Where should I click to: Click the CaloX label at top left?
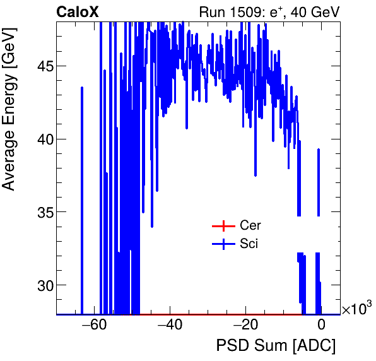[x=77, y=12]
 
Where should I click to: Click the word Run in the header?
[x=211, y=12]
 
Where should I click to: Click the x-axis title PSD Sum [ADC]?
[x=276, y=346]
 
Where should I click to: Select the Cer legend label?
[x=250, y=225]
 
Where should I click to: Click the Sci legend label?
[x=249, y=244]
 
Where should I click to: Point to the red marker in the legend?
[x=223, y=225]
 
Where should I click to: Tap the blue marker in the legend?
[x=223, y=244]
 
